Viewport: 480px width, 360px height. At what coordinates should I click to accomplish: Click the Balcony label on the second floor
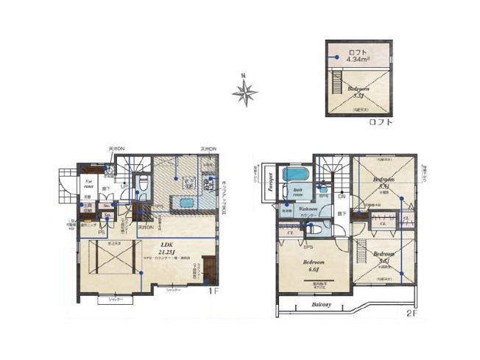[x=321, y=303]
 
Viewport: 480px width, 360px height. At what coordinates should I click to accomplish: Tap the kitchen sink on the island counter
[x=186, y=202]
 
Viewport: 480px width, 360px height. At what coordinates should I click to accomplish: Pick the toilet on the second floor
[x=324, y=186]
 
